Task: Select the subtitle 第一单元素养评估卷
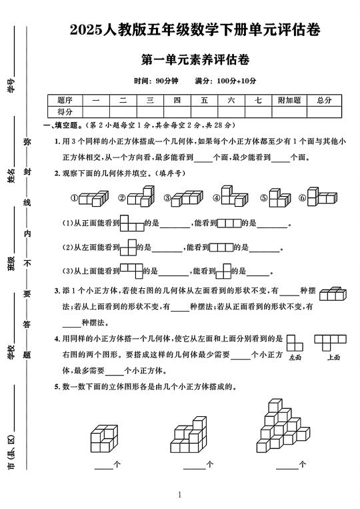click(x=195, y=60)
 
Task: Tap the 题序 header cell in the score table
click(x=65, y=100)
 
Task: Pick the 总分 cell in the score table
click(x=324, y=100)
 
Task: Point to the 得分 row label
click(x=65, y=111)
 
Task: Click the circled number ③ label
click(x=167, y=198)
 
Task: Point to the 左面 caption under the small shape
click(x=295, y=358)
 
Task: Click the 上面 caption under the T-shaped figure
click(x=334, y=358)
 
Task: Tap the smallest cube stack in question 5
click(x=105, y=438)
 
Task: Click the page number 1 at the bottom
click(x=180, y=494)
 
